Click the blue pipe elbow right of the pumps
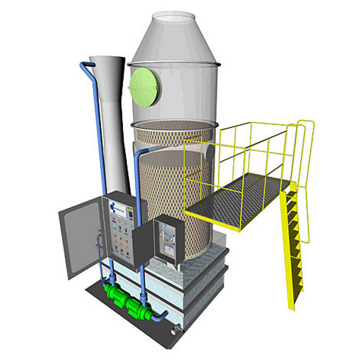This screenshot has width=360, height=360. [x=161, y=316]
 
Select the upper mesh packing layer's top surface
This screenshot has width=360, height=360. [x=174, y=125]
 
